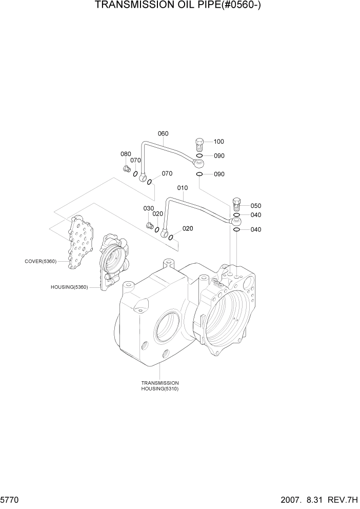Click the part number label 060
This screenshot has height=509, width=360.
163,134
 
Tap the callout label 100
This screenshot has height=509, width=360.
219,142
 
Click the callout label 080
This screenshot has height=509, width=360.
126,154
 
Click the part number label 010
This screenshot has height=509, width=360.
183,188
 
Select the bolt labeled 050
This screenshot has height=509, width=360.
237,204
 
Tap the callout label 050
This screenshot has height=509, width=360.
256,206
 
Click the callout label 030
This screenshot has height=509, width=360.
148,208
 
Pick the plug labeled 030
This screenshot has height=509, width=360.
150,225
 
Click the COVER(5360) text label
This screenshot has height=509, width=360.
41,261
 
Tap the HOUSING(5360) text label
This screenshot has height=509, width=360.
69,287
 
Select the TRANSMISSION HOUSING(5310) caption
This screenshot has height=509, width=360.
160,386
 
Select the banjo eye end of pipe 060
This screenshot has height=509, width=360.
198,163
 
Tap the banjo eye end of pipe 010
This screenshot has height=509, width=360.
235,222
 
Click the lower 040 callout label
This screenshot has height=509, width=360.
256,230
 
